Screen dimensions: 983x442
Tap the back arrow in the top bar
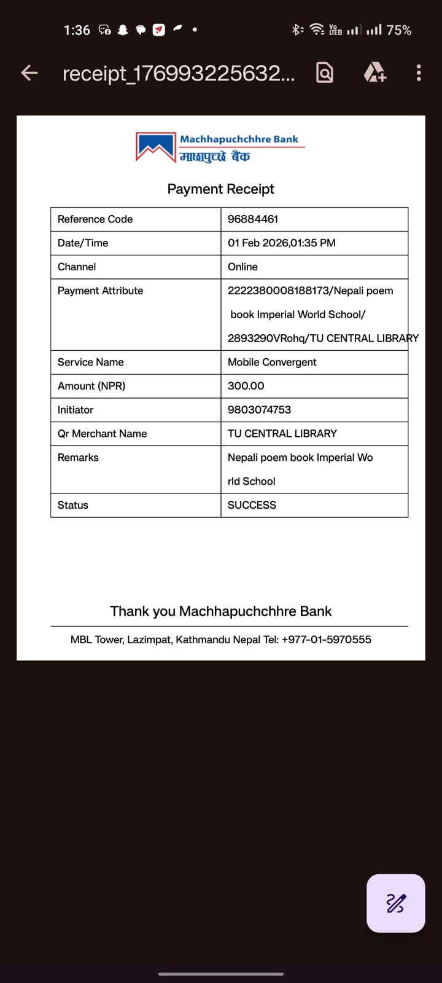[29, 73]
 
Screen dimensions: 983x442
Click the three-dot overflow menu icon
[419, 73]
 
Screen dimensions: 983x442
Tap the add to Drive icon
[374, 73]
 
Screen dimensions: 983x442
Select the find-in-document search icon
[325, 73]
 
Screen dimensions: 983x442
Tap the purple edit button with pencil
[395, 903]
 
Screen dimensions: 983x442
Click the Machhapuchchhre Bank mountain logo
[156, 147]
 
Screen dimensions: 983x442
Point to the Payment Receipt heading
[220, 189]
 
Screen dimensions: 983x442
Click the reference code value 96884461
[253, 219]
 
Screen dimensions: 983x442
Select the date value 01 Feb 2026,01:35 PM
[281, 243]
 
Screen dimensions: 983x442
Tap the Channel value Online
[242, 267]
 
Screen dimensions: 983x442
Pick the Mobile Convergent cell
[272, 362]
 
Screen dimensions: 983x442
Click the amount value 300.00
[246, 386]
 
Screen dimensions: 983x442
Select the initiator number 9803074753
[259, 410]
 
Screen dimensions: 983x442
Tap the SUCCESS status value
[252, 505]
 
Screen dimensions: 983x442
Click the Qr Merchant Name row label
[102, 434]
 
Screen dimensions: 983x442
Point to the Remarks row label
[78, 458]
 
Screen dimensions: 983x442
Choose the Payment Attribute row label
[100, 291]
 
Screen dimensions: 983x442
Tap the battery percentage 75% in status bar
[398, 30]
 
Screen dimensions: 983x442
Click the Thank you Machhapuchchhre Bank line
[220, 611]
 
